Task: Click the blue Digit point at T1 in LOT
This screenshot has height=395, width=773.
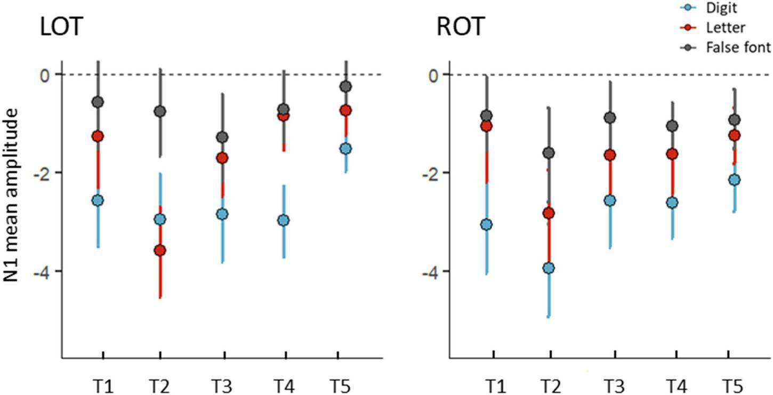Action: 98,200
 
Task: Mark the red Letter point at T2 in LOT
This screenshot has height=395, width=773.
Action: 159,251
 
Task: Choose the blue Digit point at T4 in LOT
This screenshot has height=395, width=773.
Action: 284,221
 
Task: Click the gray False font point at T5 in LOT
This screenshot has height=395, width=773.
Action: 345,86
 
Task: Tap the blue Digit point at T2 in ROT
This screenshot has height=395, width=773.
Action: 549,268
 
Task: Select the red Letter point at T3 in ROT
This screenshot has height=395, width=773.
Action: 610,155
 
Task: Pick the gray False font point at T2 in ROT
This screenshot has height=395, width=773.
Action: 549,153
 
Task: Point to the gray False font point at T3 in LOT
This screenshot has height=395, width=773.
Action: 222,138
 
